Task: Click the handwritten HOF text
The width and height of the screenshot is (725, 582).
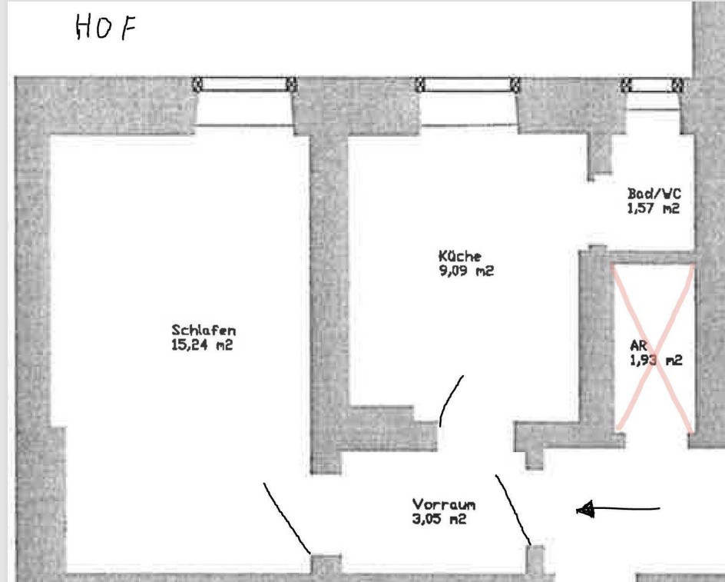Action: (106, 27)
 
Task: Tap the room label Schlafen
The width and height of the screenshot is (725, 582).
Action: (204, 330)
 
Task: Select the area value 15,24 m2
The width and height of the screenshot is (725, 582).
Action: (202, 345)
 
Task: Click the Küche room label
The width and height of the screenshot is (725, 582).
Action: (459, 256)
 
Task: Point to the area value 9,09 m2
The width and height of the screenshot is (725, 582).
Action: (466, 271)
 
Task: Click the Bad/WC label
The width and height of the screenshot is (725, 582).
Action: (654, 193)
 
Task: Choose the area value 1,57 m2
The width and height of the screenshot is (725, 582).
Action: (654, 208)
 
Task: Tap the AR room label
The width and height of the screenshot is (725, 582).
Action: (638, 345)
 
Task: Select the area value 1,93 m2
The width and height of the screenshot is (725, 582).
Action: (656, 361)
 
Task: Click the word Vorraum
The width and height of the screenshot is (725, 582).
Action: (443, 504)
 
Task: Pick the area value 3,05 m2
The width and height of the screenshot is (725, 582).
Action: (439, 519)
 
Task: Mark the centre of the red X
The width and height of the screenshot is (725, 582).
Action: (654, 348)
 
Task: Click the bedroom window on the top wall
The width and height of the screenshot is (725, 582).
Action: (244, 85)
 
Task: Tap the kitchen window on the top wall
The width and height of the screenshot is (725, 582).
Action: (468, 85)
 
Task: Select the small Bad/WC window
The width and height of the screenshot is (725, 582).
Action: (652, 85)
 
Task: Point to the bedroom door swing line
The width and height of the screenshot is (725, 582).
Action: (286, 518)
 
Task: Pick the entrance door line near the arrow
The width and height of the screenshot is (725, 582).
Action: (513, 509)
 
